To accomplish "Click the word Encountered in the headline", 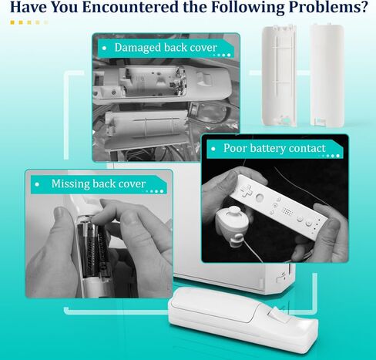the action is (x=130, y=7).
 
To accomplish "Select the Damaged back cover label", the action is (x=166, y=48).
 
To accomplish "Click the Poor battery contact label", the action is (x=274, y=148).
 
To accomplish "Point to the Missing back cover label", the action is (x=99, y=184).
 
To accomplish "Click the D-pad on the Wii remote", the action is (x=247, y=190).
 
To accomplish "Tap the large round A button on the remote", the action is (x=260, y=197).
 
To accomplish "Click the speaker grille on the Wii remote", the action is (x=287, y=211).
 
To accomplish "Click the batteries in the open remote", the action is (x=92, y=248).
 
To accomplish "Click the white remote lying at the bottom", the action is (x=243, y=318).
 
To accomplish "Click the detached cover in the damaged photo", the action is (x=146, y=126).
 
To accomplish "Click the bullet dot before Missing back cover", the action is (x=38, y=184).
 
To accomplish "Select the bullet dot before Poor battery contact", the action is (x=213, y=149).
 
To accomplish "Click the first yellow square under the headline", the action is (x=12, y=22).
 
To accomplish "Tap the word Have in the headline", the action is (x=27, y=7).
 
